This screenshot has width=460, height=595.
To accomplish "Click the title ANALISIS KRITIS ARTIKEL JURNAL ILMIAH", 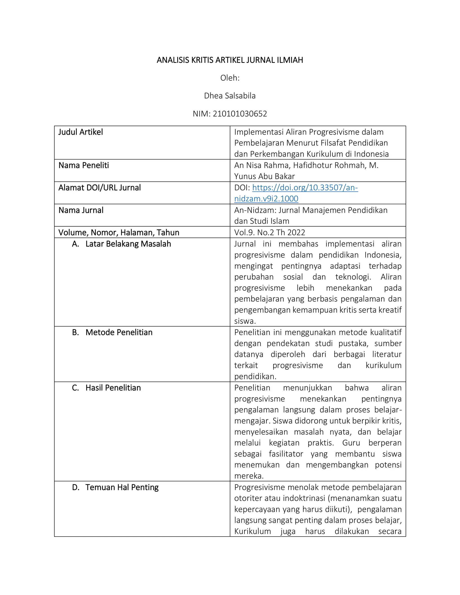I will pyautogui.click(x=230, y=60).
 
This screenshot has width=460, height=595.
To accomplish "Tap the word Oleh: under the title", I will pyautogui.click(x=230, y=78).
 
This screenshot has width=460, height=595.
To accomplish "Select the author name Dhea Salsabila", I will pyautogui.click(x=230, y=96).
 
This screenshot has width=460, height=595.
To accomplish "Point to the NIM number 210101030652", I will pyautogui.click(x=240, y=114).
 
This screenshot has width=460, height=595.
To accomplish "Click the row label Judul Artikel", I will pyautogui.click(x=81, y=132).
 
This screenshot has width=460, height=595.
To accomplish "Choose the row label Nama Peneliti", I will pyautogui.click(x=84, y=165).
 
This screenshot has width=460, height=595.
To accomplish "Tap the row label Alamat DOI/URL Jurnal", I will pyautogui.click(x=100, y=188).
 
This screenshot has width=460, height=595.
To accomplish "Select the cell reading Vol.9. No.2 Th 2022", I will pyautogui.click(x=270, y=232).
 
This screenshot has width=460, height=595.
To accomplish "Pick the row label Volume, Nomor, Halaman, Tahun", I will pyautogui.click(x=119, y=232).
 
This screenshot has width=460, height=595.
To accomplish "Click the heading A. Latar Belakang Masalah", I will pyautogui.click(x=122, y=244).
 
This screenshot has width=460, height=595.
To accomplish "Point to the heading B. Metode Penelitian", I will pyautogui.click(x=112, y=332).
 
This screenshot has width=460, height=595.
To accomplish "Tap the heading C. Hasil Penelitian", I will pyautogui.click(x=106, y=388).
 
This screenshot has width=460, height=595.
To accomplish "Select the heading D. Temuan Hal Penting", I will pyautogui.click(x=115, y=487).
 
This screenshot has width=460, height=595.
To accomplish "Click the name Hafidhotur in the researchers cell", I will pyautogui.click(x=314, y=165).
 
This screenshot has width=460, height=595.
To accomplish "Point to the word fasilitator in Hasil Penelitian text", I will pyautogui.click(x=286, y=454).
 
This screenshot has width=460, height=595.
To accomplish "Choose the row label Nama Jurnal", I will pyautogui.click(x=81, y=210).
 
